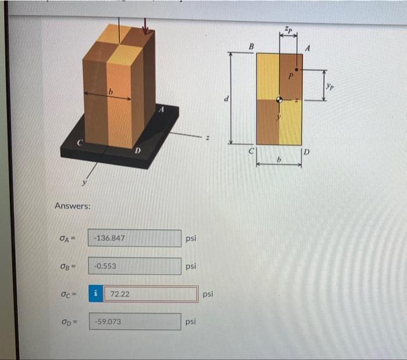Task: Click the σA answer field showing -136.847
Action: [134, 238]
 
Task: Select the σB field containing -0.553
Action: [134, 266]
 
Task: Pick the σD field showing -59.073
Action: [134, 321]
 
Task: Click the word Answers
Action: [72, 206]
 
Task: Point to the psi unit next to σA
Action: [191, 238]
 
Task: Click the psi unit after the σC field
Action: [208, 294]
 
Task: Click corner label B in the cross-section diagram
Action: [252, 46]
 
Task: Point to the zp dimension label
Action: [288, 29]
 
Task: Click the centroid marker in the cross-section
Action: [280, 99]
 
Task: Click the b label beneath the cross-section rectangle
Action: [279, 158]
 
